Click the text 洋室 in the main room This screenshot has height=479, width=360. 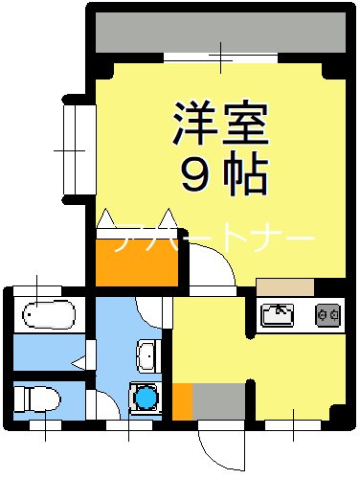coord(219,123)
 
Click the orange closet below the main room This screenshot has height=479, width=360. coord(136,258)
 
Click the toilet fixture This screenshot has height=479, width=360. coord(37,395)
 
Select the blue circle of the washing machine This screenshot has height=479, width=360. coord(146,395)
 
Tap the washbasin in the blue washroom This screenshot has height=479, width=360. coord(146,354)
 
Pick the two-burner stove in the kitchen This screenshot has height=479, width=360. coord(327,313)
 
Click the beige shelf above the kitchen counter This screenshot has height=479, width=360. coord(284,285)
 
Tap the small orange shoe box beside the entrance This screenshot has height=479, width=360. coord(181,400)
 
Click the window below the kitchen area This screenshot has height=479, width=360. coord(293,422)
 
